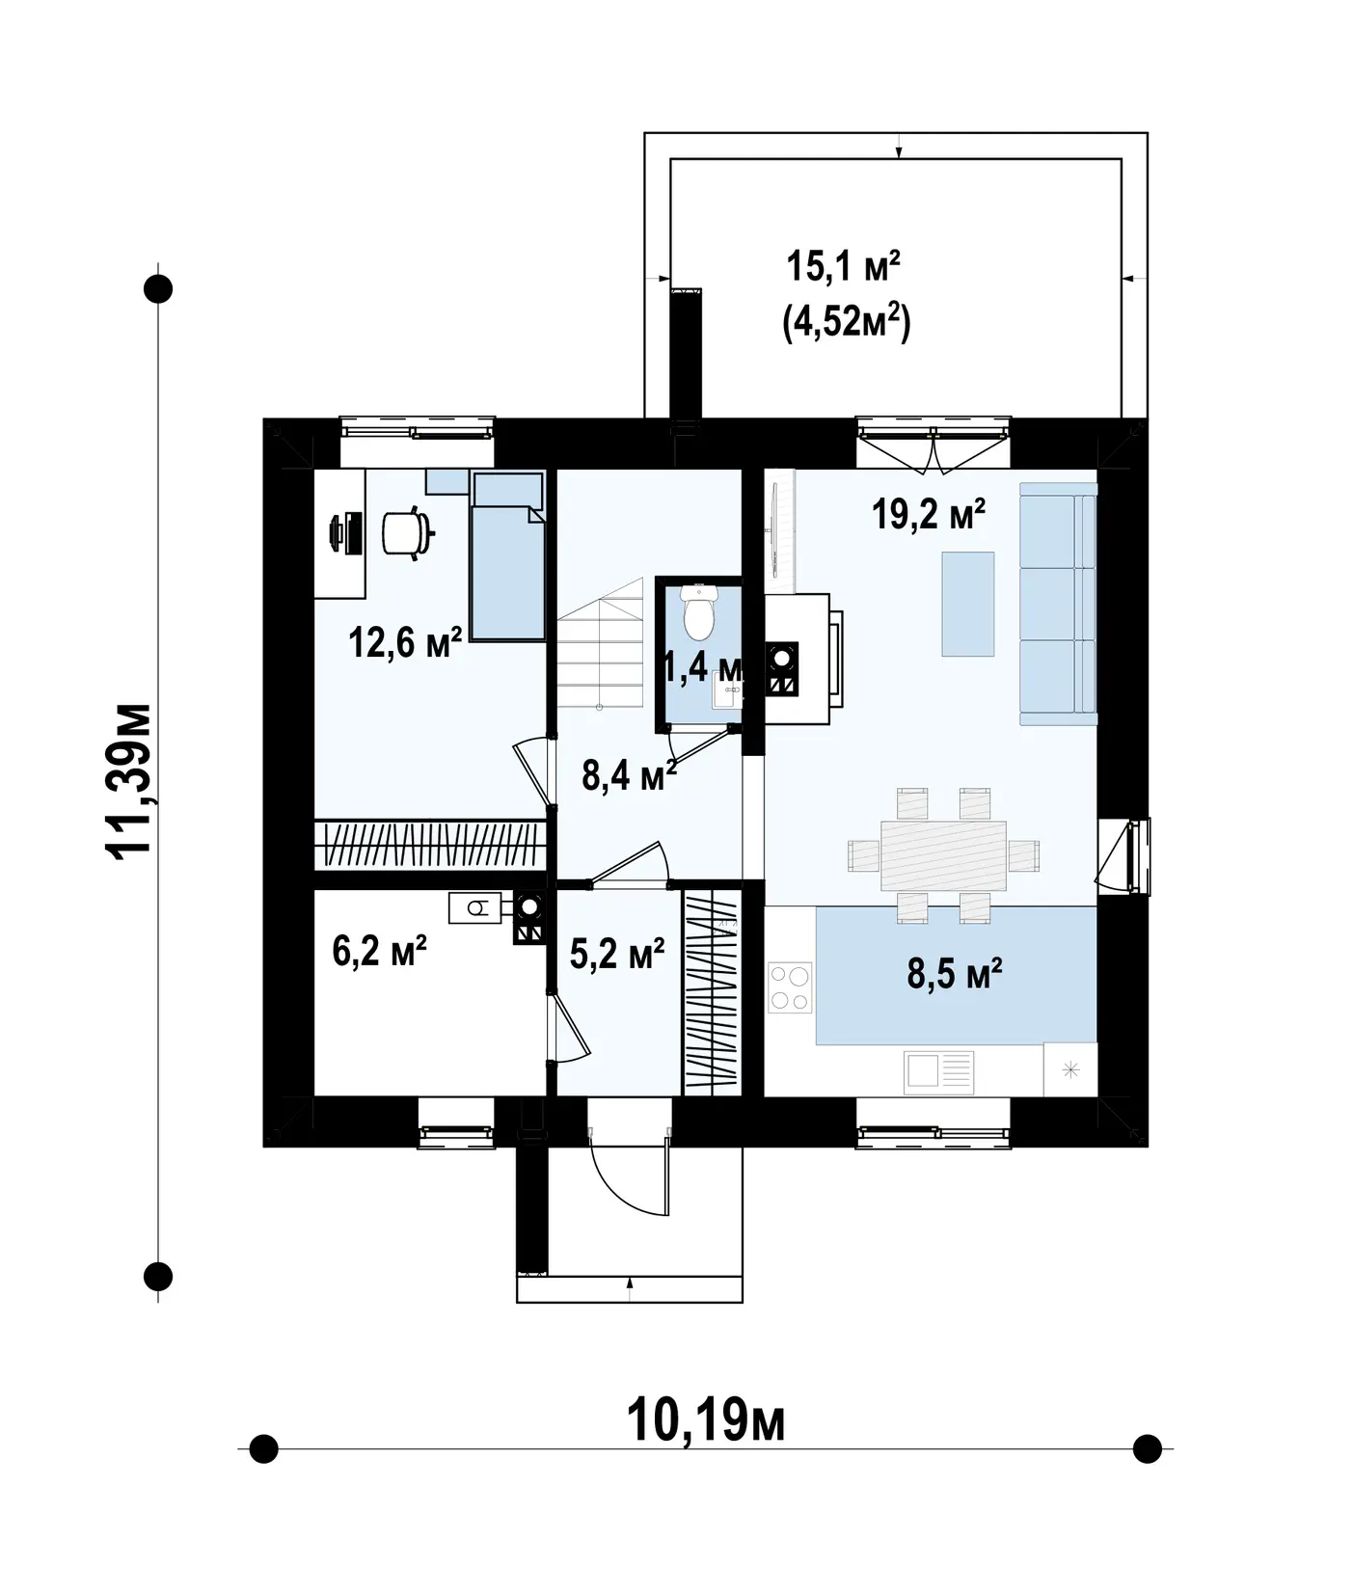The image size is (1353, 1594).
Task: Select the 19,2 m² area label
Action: (929, 514)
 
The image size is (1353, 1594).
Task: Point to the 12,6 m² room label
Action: (406, 641)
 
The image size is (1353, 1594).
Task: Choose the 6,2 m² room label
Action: (380, 952)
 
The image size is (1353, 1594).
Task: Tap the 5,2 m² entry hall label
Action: (617, 954)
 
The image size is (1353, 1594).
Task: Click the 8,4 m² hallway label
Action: (629, 773)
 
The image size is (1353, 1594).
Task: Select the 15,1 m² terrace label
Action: (844, 266)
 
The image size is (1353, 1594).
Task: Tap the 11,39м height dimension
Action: (128, 781)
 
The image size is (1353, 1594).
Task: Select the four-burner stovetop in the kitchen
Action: (789, 987)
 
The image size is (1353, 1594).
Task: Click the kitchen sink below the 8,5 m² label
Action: (938, 1071)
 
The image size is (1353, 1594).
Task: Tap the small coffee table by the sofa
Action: (968, 604)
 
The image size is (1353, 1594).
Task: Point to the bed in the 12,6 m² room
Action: (507, 556)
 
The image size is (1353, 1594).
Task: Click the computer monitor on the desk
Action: (337, 533)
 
